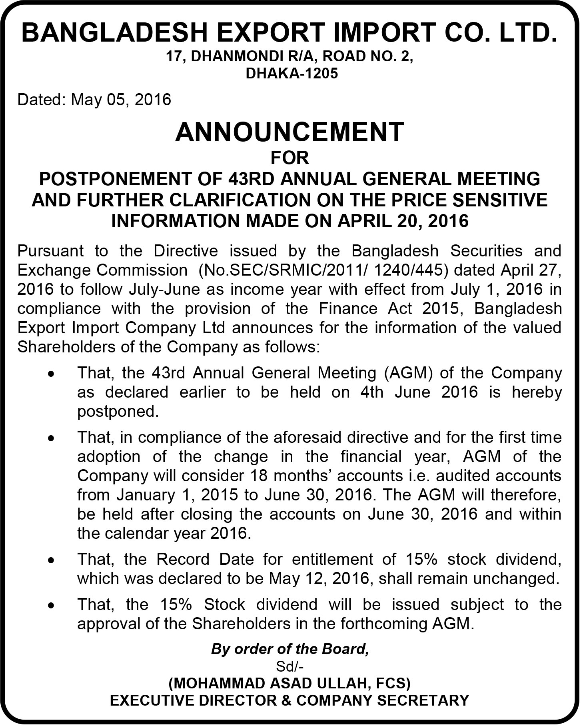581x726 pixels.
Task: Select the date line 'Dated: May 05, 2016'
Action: pyautogui.click(x=94, y=99)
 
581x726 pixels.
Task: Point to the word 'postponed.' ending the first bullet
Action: pyautogui.click(x=118, y=412)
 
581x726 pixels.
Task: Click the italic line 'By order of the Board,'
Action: pyautogui.click(x=290, y=649)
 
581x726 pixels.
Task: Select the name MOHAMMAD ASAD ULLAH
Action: pyautogui.click(x=271, y=683)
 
